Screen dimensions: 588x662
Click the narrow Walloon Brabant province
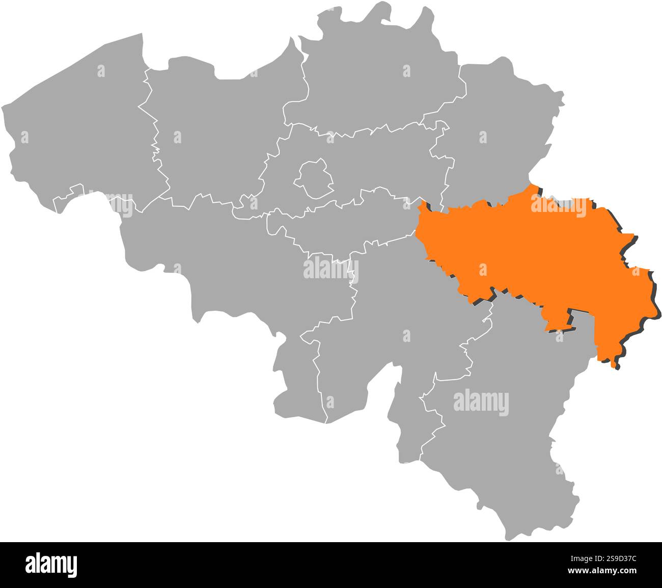click(346, 224)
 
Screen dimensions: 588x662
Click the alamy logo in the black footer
click(51, 565)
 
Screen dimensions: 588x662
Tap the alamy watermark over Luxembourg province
click(481, 402)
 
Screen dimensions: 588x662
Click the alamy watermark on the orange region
click(559, 206)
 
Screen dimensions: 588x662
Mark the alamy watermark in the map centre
click(331, 269)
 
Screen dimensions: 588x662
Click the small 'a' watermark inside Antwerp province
click(406, 71)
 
